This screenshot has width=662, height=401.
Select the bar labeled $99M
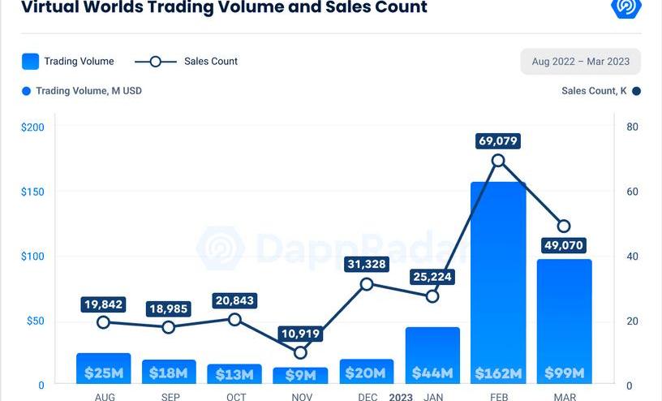(x=564, y=317)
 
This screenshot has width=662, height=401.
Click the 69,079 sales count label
(x=498, y=141)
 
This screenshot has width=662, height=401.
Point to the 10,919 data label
(x=301, y=334)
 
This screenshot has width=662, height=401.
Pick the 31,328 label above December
(x=367, y=265)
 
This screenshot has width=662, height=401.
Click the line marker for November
(x=301, y=352)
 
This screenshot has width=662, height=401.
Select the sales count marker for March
(x=564, y=226)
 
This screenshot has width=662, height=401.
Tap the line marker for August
(x=103, y=322)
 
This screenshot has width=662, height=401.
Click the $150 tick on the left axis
(x=32, y=192)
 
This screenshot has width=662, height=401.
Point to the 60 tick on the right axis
(x=632, y=192)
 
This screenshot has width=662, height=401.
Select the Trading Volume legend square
(x=30, y=62)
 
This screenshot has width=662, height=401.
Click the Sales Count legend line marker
(x=156, y=62)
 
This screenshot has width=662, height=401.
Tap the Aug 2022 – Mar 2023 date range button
(x=580, y=62)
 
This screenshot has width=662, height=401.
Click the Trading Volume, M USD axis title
(x=88, y=91)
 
